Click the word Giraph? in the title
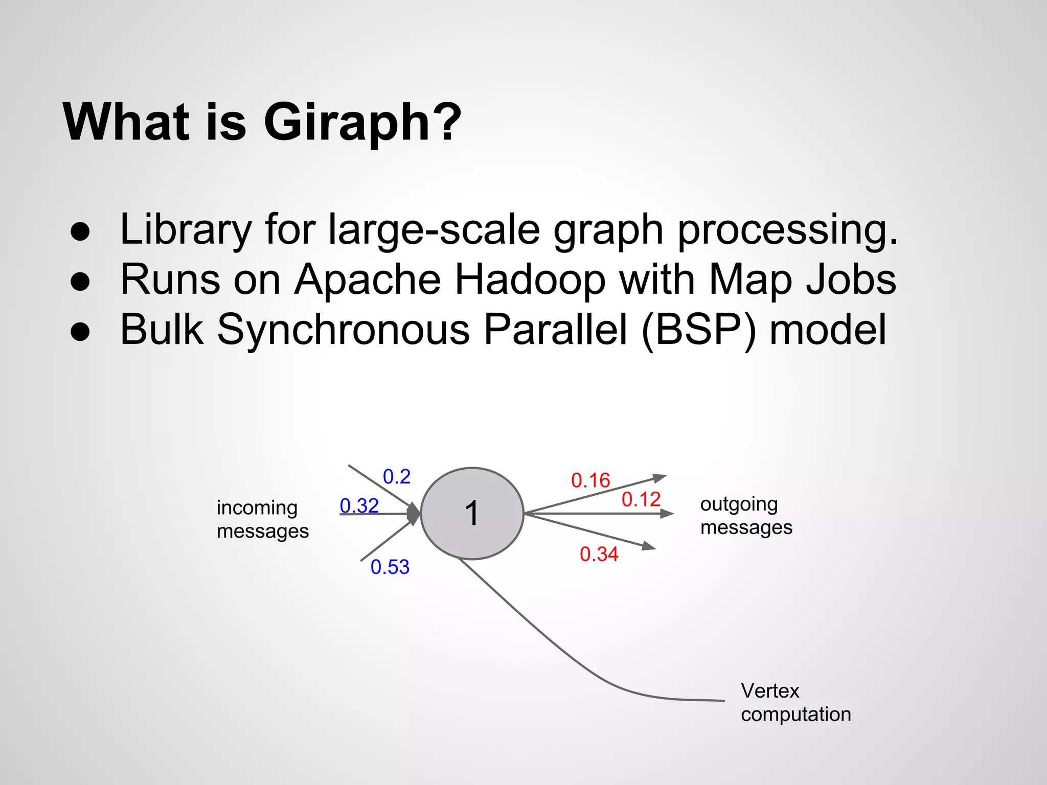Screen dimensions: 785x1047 [362, 123]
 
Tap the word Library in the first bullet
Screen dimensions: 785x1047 [186, 230]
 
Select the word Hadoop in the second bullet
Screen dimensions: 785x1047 [530, 280]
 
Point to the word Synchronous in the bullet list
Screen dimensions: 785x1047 [343, 330]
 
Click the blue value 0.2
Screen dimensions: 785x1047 [397, 477]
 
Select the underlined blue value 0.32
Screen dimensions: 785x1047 [359, 506]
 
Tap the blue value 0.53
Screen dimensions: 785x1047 [390, 567]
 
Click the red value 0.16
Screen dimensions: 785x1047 [590, 480]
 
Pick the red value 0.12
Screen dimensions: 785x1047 [641, 499]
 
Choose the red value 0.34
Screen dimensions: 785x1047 [599, 555]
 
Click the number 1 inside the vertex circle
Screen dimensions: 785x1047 [471, 514]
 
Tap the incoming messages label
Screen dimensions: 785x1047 [262, 519]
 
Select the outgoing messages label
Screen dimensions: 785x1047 [746, 515]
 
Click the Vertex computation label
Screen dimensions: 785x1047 [795, 702]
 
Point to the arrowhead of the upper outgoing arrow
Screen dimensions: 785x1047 [660, 478]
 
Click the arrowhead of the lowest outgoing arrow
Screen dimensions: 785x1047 [649, 546]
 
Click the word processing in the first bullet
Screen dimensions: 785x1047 [787, 230]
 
